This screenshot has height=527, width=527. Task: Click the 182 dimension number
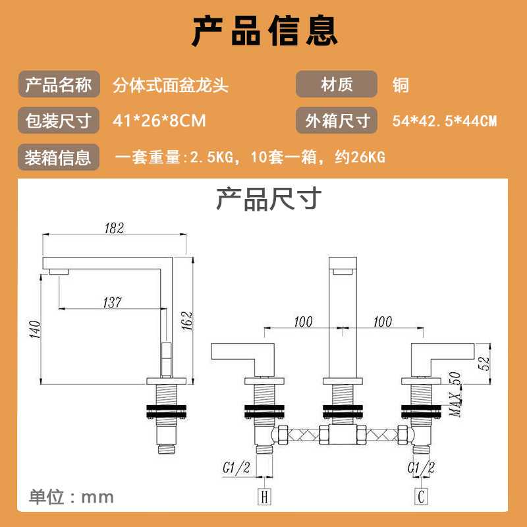114,228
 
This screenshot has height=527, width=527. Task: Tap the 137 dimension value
113,302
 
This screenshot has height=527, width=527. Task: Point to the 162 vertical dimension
187,321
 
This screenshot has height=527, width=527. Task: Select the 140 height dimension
35,329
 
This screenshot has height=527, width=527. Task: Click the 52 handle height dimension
484,363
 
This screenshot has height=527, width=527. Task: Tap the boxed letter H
265,497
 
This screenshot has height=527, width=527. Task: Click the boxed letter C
421,497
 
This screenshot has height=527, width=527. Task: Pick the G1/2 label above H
236,468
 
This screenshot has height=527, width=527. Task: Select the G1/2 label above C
421,468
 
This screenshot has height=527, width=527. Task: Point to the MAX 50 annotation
455,394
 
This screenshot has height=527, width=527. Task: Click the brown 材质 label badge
337,84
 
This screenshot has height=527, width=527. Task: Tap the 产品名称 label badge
59,84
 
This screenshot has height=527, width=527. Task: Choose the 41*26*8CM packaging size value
159,121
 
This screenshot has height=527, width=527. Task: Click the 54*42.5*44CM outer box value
444,121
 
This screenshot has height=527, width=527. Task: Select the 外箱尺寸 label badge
337,121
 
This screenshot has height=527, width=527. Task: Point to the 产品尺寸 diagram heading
269,199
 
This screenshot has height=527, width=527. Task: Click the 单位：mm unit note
71,497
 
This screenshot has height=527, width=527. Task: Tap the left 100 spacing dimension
303,321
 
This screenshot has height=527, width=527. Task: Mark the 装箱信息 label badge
59,157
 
